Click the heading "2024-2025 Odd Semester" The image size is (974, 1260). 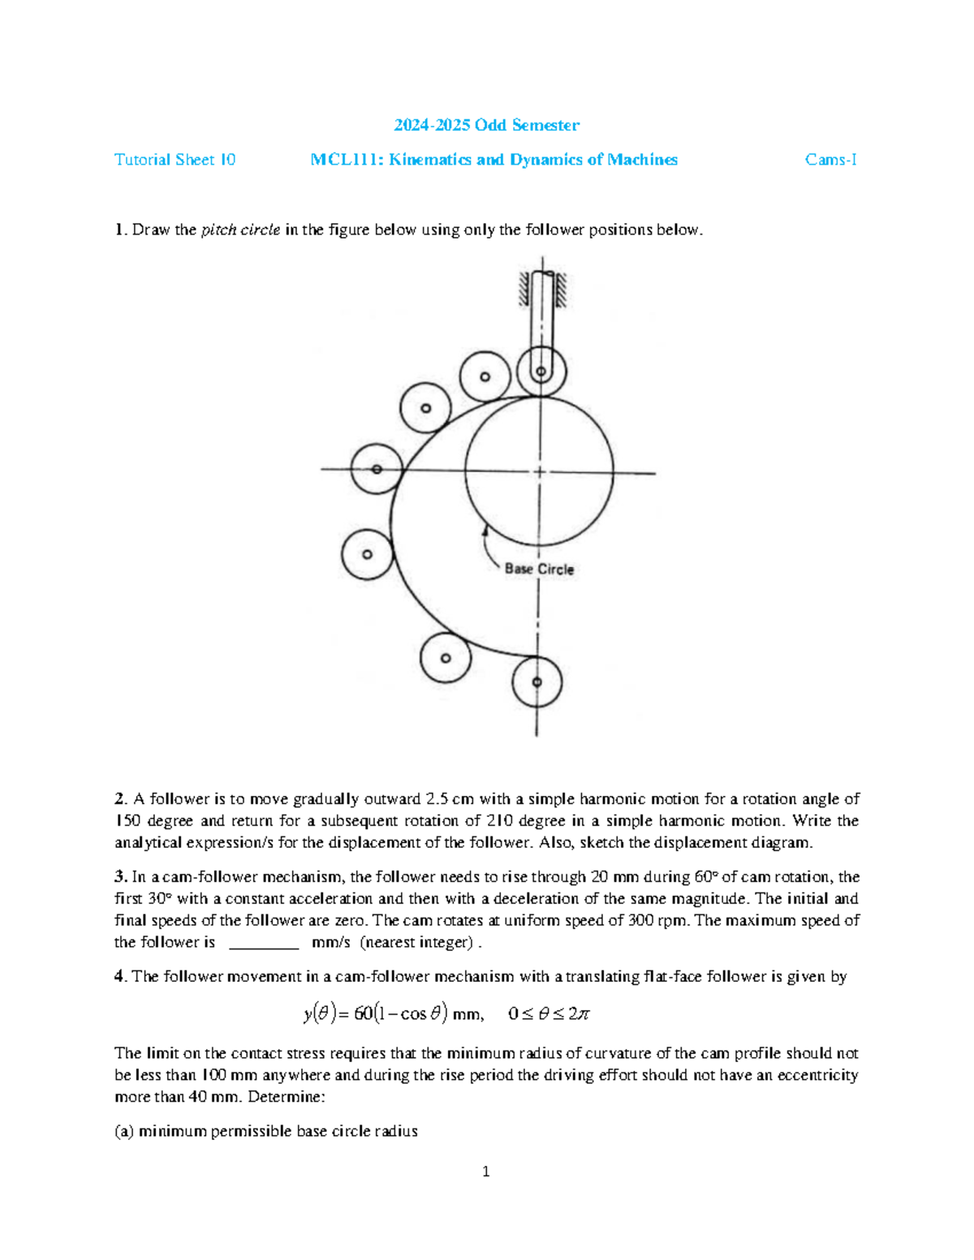click(x=486, y=125)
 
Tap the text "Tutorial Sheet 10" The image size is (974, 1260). click(x=175, y=160)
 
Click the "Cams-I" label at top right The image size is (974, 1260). click(x=830, y=160)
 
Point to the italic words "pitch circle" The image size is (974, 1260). click(x=240, y=230)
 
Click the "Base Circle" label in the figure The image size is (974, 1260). click(x=539, y=570)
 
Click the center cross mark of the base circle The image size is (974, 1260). click(x=539, y=471)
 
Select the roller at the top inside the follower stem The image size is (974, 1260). click(x=541, y=372)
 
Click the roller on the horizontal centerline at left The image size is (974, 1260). click(x=377, y=469)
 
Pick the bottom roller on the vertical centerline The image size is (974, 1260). click(x=537, y=682)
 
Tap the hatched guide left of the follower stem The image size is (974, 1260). click(x=524, y=290)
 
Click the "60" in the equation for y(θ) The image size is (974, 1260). click(x=363, y=1014)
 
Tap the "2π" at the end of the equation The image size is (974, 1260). click(x=579, y=1014)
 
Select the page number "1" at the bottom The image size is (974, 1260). click(x=485, y=1172)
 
